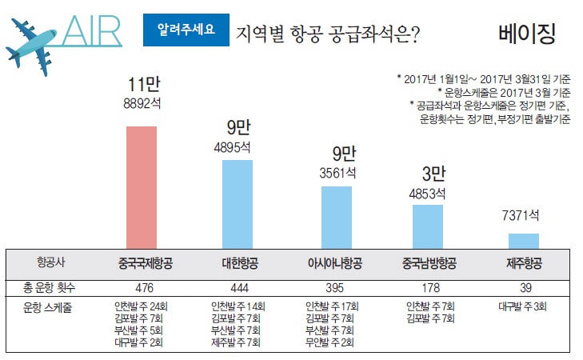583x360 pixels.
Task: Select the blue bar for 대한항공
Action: (x=238, y=204)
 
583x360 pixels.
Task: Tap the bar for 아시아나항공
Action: (x=336, y=217)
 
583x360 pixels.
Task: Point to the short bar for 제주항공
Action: (x=524, y=241)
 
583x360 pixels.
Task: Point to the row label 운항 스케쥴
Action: (x=54, y=307)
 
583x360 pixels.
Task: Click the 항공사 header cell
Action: (x=54, y=262)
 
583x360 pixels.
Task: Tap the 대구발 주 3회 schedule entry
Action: (x=524, y=307)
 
